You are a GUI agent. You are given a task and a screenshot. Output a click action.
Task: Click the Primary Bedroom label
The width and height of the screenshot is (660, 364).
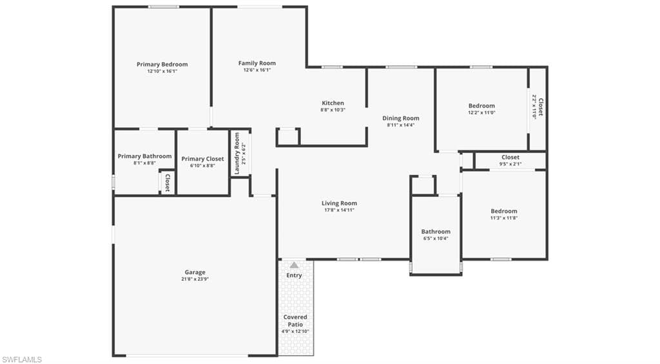click(162, 65)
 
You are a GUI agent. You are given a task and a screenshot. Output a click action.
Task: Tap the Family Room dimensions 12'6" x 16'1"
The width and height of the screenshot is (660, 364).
click(257, 70)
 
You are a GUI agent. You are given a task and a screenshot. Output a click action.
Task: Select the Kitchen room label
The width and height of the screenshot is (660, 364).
click(333, 103)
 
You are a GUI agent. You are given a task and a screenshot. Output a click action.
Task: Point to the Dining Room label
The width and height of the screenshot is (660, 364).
click(401, 118)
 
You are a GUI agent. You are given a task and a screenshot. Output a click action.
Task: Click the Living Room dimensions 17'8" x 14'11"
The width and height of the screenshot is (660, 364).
click(339, 210)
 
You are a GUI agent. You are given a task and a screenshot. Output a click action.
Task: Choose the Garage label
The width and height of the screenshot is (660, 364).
click(195, 272)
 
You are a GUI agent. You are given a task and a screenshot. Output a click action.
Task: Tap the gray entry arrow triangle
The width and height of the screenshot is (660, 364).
click(295, 265)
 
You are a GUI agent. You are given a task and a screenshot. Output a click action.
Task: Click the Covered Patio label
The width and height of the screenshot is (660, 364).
click(295, 321)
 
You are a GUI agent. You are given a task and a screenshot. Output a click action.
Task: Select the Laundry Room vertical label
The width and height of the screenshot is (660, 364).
click(237, 154)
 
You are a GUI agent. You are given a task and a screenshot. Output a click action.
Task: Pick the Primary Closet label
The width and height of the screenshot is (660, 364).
click(202, 159)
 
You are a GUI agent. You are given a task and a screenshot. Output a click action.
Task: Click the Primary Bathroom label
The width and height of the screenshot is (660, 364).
click(144, 156)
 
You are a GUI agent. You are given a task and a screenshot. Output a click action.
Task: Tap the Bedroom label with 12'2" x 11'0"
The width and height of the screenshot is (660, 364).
click(481, 106)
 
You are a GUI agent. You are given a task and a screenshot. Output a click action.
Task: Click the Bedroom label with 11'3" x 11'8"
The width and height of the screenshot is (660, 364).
click(503, 211)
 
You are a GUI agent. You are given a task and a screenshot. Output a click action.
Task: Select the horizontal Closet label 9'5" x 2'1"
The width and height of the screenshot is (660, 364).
click(510, 157)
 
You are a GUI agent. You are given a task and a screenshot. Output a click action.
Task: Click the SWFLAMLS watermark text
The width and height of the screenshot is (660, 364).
click(22, 359)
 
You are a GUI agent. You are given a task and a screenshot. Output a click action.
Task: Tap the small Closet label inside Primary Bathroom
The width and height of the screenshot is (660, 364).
click(168, 183)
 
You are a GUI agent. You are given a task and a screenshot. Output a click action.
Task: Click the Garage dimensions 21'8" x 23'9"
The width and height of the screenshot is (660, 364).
click(195, 279)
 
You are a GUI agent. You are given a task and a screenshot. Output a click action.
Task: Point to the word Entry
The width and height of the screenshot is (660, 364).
click(294, 276)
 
